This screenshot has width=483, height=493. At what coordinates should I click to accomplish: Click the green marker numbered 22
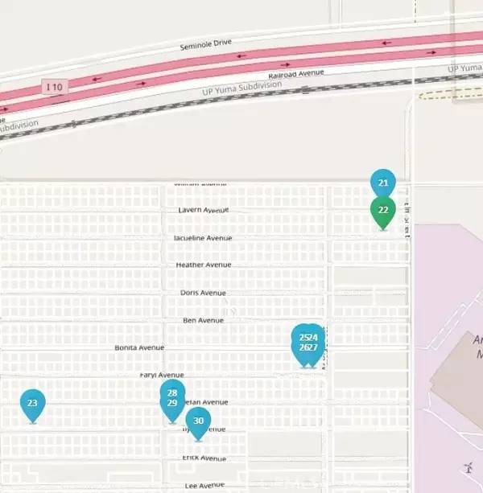point(383,211)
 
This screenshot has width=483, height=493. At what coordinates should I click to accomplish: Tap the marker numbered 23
point(32,404)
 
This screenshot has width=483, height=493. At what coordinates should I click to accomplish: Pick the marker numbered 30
point(199,421)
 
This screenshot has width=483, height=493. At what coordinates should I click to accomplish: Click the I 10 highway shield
point(54,85)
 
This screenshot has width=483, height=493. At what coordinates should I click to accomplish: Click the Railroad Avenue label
point(298,74)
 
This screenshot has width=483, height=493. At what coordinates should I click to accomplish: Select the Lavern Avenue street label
point(204,210)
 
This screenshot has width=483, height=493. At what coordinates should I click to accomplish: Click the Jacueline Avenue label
point(203,238)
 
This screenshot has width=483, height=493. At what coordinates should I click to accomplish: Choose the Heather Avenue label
point(204,265)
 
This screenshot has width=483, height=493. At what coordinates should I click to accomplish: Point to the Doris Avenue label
point(203,293)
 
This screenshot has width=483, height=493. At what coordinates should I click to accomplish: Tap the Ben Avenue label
point(203,320)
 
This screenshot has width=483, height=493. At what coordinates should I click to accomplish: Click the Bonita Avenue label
point(139,347)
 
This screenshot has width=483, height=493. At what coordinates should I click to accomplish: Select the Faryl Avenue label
point(162,375)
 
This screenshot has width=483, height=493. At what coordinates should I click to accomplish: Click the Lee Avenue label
point(204,486)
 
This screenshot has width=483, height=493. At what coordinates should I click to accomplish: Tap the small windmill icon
point(468,467)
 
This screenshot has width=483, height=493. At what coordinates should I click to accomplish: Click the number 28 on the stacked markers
point(172,392)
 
